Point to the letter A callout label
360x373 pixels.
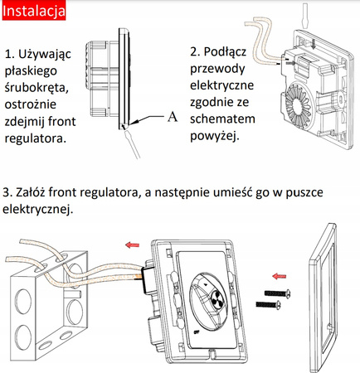pyautogui.click(x=172, y=117)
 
